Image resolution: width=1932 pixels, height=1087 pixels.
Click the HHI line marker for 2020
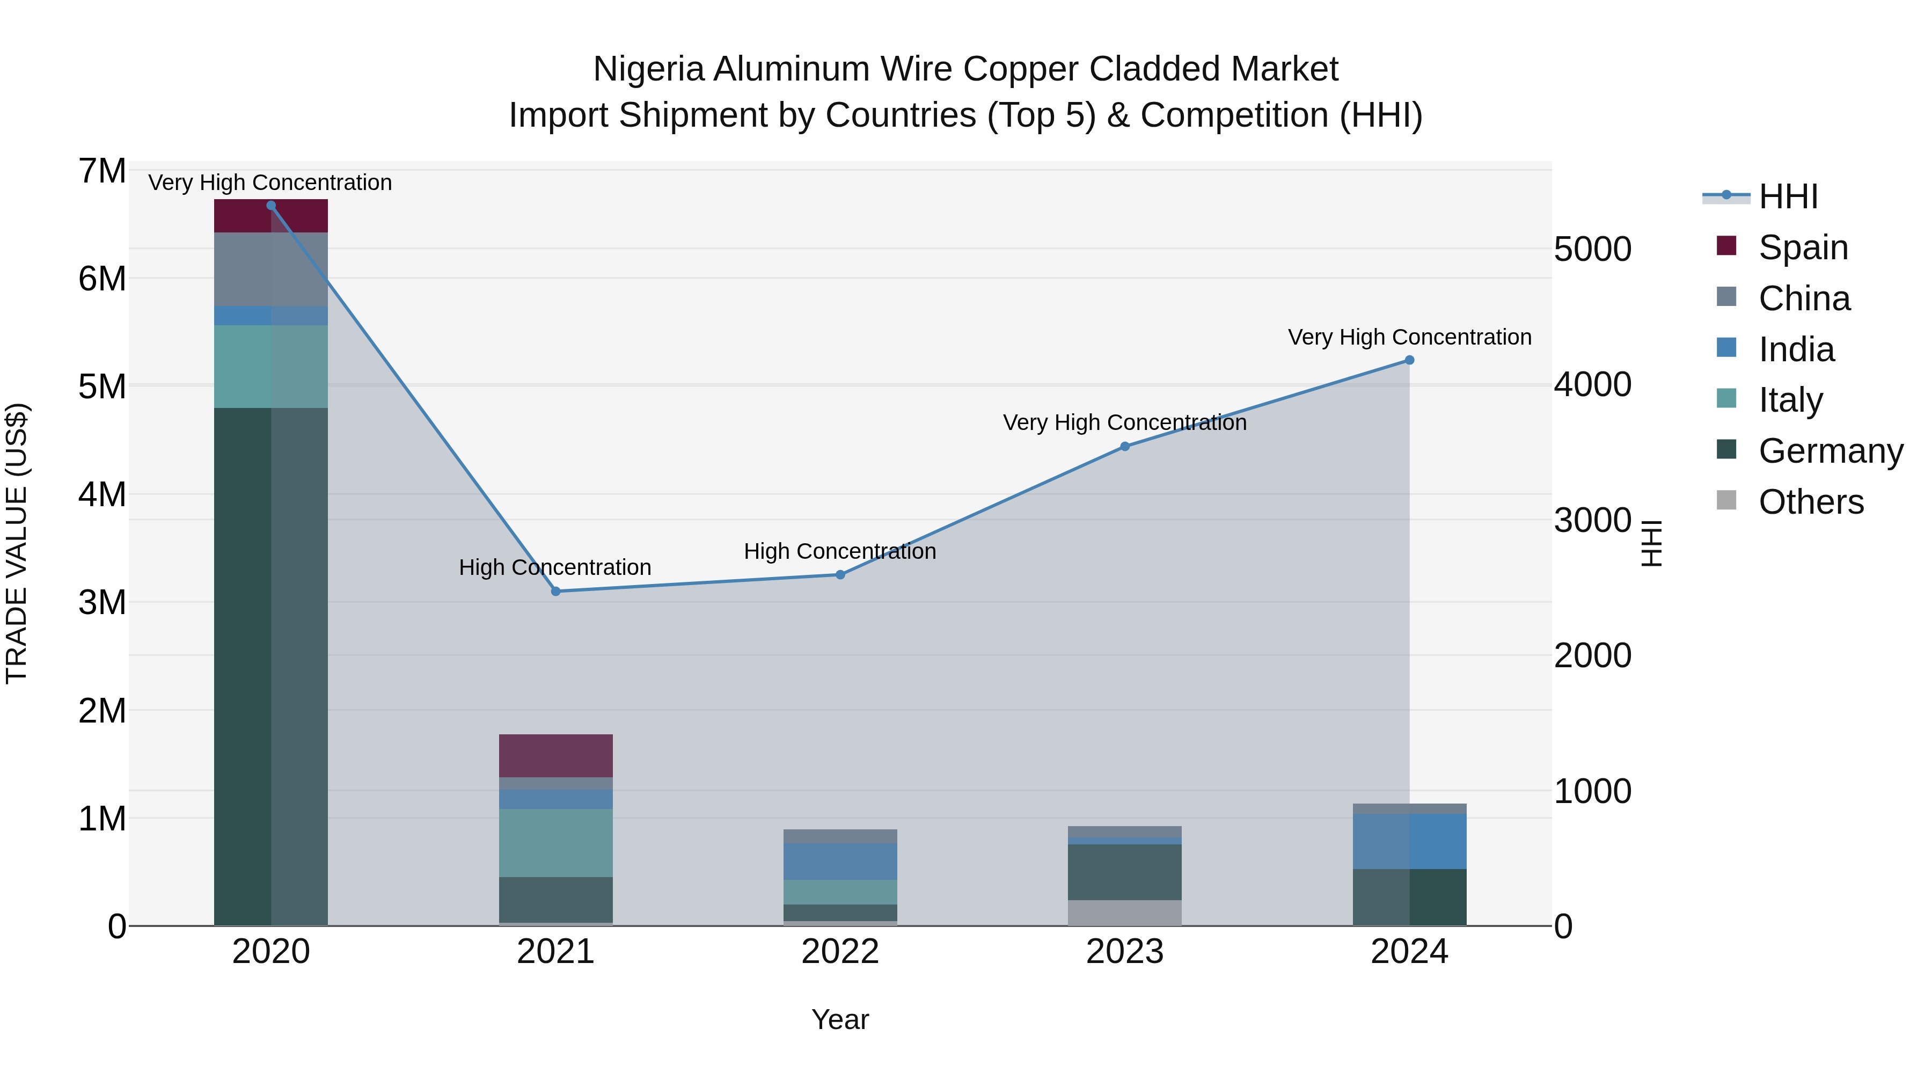point(271,206)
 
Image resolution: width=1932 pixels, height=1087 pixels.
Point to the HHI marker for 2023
point(1125,447)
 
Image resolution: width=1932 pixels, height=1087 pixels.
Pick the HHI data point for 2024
point(1409,360)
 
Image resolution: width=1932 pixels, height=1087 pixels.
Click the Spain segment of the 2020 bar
point(271,216)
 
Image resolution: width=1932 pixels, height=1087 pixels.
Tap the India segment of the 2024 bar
point(1409,841)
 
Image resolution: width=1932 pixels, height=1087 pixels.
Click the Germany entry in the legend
point(1830,451)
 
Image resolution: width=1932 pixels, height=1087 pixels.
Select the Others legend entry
point(1811,502)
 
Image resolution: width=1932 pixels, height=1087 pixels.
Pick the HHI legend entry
point(1788,196)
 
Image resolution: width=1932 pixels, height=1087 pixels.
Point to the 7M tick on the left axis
point(102,171)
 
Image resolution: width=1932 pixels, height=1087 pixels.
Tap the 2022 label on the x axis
point(840,952)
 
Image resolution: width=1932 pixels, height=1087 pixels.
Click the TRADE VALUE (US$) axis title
point(17,543)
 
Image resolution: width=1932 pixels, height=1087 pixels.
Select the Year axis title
point(840,1019)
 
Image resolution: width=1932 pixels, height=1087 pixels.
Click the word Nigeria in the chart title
point(649,69)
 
